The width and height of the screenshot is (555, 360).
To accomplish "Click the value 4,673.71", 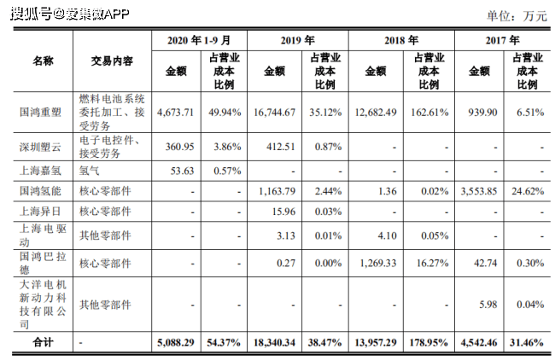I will tap(178, 112).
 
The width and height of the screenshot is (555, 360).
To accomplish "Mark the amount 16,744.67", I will tap(275, 112).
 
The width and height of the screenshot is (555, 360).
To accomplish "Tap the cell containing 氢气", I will tap(89, 170).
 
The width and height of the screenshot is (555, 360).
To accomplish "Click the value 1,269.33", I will tap(377, 263).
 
